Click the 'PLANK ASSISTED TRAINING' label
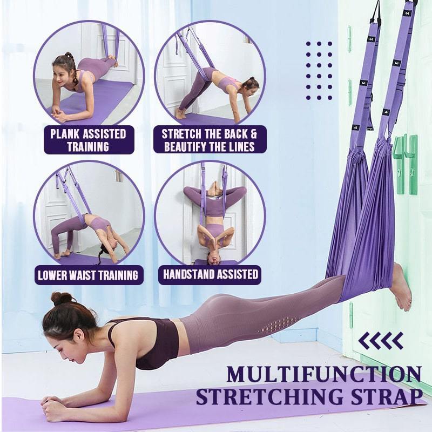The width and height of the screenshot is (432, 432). point(88,140)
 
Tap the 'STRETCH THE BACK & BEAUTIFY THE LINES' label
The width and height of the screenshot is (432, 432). point(210,140)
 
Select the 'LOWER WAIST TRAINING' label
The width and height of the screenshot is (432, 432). point(88,275)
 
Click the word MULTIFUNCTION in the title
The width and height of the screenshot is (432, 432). point(323,374)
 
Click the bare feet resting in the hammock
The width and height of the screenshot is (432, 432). point(401,287)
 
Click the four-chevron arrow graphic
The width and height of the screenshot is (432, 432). point(381,341)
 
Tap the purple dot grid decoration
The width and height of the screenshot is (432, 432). point(319,70)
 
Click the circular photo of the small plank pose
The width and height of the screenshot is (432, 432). point(89,72)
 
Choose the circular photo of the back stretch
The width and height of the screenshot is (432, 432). point(210,72)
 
